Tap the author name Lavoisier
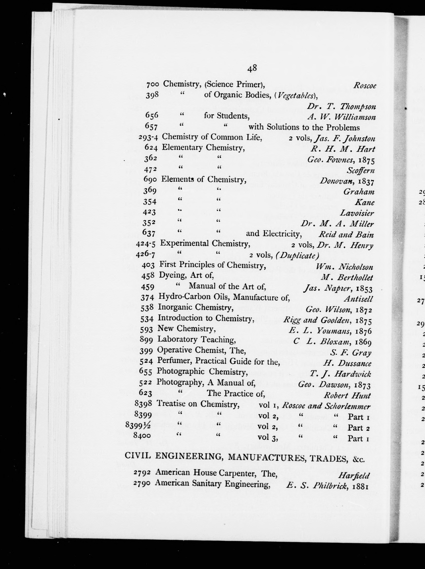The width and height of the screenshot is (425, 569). point(357,213)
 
